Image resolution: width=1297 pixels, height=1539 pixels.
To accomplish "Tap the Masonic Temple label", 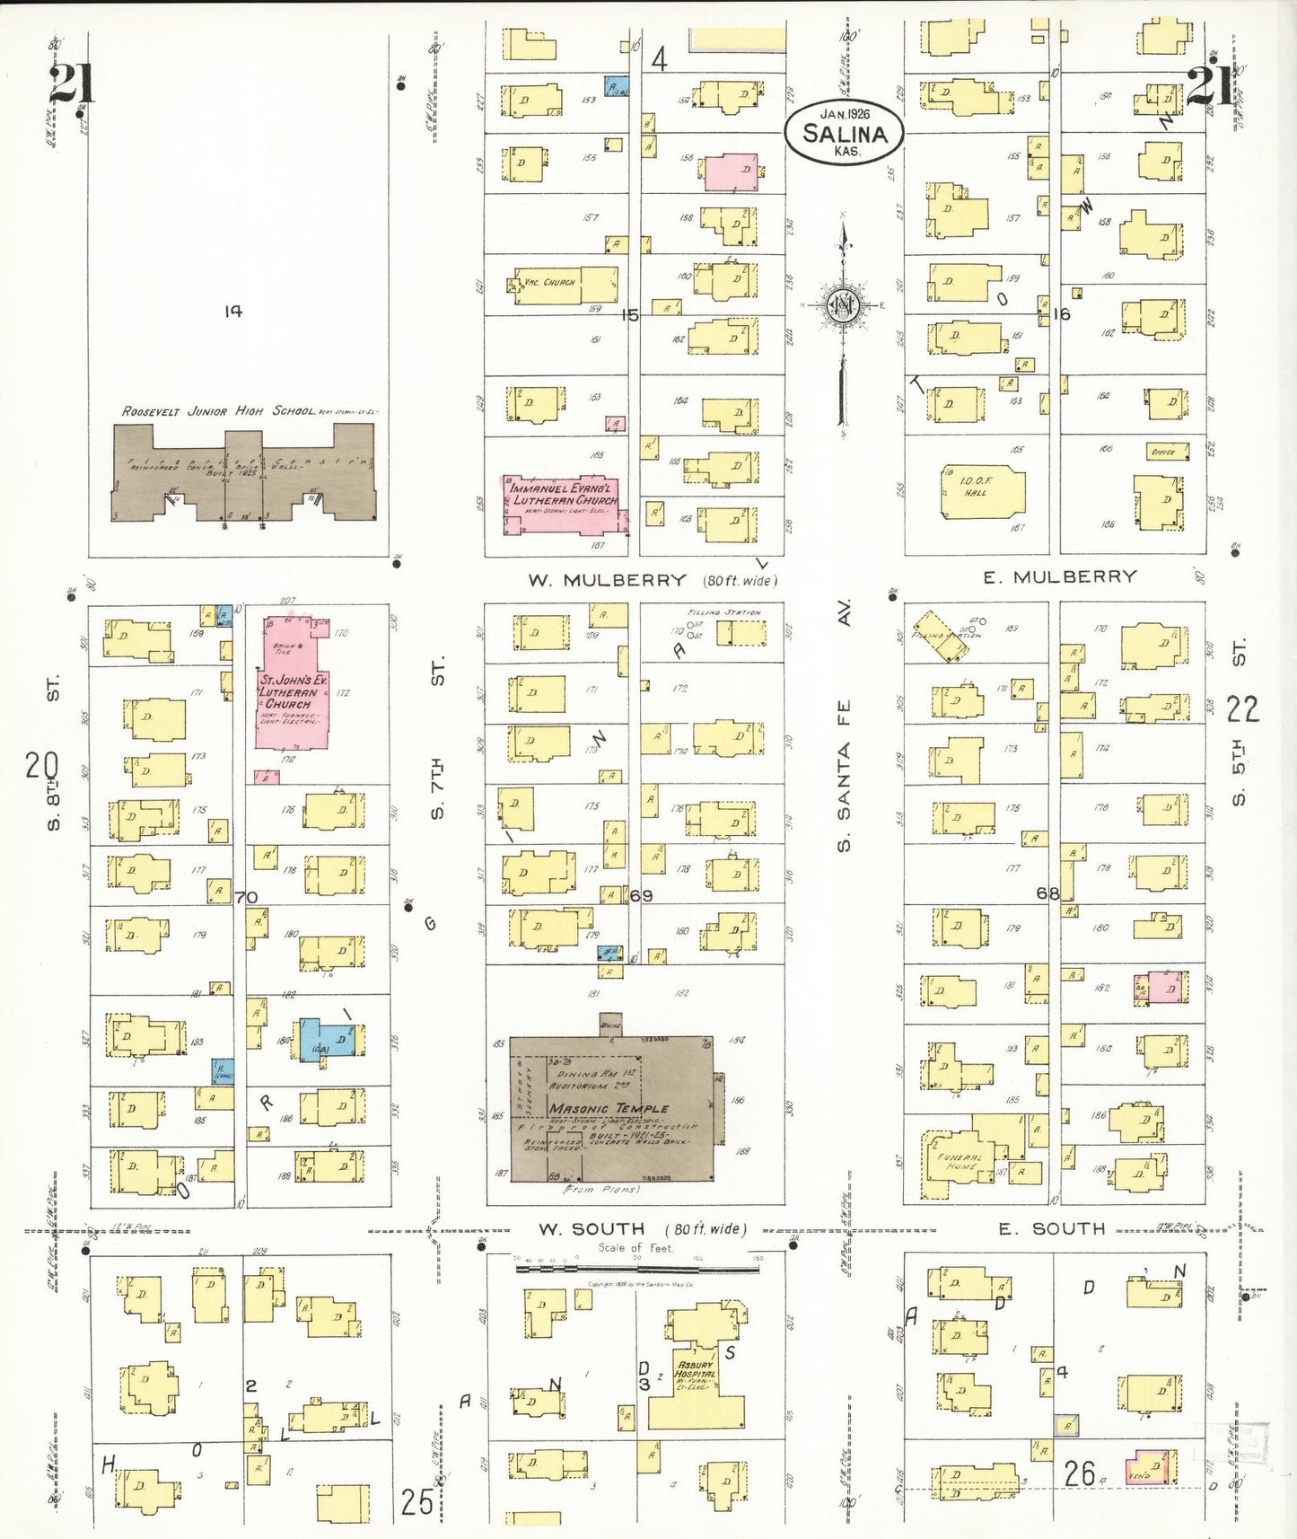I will [609, 1109].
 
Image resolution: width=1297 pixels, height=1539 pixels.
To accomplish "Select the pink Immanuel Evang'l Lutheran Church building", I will [561, 504].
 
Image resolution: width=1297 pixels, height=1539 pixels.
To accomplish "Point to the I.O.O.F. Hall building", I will [981, 491].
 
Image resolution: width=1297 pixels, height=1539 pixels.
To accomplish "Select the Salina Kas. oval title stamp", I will [844, 133].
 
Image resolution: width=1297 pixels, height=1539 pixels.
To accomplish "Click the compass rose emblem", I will [844, 306].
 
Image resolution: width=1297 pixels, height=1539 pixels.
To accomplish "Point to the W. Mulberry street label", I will [607, 581].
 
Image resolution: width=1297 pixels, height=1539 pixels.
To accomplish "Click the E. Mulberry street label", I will [1059, 577].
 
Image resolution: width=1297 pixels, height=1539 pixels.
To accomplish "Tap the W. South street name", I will [592, 1228].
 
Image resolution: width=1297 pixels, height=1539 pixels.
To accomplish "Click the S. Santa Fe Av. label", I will [844, 727].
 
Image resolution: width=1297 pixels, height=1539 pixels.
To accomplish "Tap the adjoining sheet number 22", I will [1242, 709].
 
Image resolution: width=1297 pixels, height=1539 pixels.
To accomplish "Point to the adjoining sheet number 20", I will [41, 766].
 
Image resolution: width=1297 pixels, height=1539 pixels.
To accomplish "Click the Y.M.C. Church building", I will [565, 285].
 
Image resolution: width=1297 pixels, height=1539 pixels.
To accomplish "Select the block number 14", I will [233, 312].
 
